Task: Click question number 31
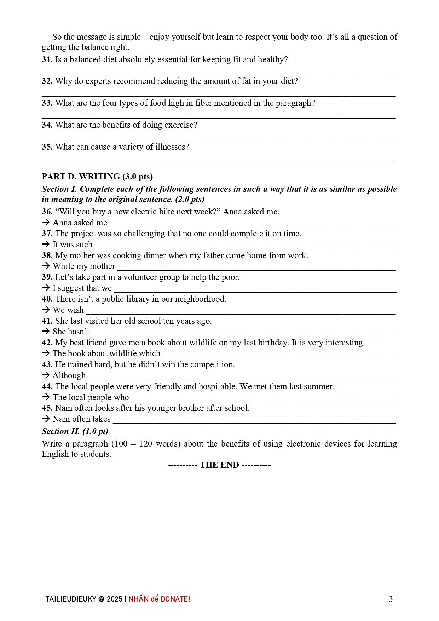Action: (x=47, y=59)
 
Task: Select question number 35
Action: (x=47, y=147)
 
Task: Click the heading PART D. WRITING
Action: (x=97, y=177)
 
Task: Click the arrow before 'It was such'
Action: (x=46, y=244)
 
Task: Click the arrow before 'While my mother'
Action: (x=46, y=266)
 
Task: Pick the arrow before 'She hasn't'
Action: (x=46, y=332)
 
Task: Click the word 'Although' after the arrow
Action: (x=69, y=375)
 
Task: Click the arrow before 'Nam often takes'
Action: (x=46, y=419)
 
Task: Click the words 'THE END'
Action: (x=219, y=465)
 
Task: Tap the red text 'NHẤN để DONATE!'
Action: (x=159, y=599)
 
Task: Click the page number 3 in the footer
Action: (x=391, y=599)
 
